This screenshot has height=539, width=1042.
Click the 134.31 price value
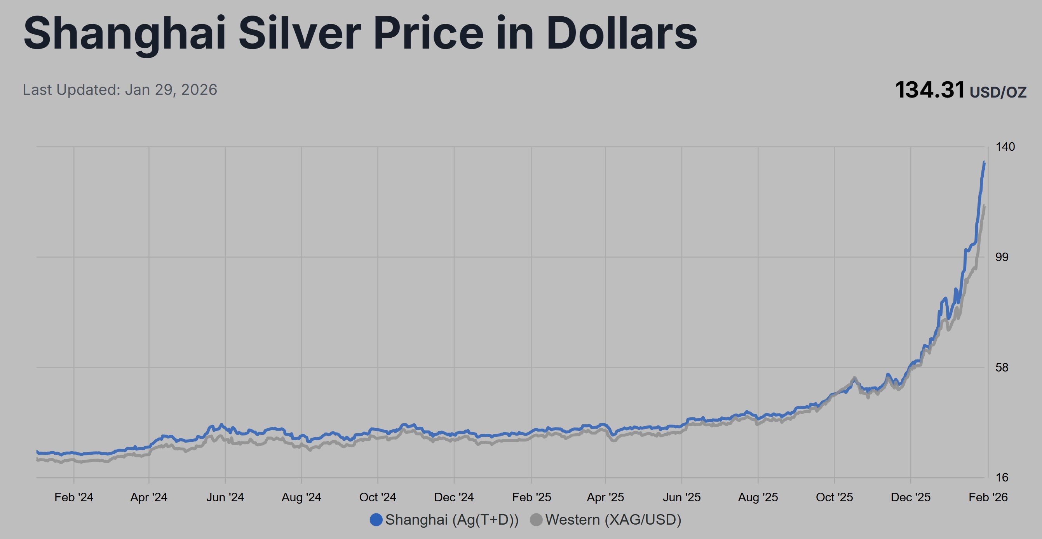pyautogui.click(x=930, y=90)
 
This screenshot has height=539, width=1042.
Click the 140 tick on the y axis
pyautogui.click(x=1005, y=147)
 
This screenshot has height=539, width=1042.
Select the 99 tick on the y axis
pyautogui.click(x=1002, y=257)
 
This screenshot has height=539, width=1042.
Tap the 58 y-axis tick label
pyautogui.click(x=1002, y=367)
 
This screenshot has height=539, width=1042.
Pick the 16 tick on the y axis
pyautogui.click(x=1002, y=478)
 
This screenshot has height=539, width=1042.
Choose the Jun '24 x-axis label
pyautogui.click(x=225, y=497)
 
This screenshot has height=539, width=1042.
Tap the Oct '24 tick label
pyautogui.click(x=377, y=497)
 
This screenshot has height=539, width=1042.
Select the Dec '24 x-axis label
pyautogui.click(x=454, y=497)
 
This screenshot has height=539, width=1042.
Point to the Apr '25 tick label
pyautogui.click(x=605, y=497)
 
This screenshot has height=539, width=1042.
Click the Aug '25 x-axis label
pyautogui.click(x=758, y=497)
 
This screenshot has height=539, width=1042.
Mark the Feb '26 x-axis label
pyautogui.click(x=988, y=497)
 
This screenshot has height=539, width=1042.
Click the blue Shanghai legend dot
pyautogui.click(x=376, y=520)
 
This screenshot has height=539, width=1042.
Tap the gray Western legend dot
pyautogui.click(x=536, y=520)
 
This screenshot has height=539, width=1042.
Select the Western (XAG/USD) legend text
pyautogui.click(x=613, y=520)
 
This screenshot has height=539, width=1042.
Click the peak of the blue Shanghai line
pyautogui.click(x=984, y=162)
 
